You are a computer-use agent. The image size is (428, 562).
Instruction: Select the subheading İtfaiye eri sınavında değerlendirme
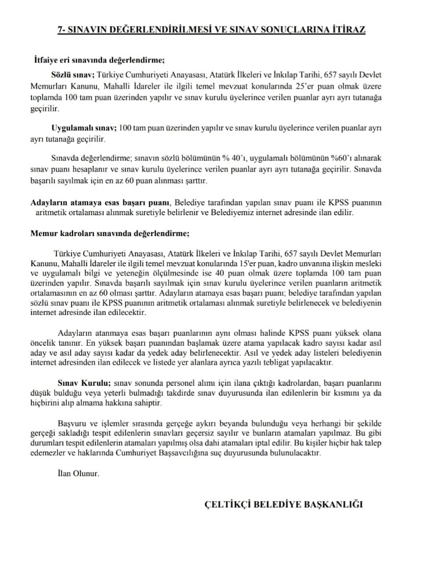[x=99, y=60]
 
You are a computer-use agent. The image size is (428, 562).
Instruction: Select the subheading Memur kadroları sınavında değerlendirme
[x=110, y=234]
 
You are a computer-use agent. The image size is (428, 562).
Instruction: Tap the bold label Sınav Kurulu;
[x=84, y=383]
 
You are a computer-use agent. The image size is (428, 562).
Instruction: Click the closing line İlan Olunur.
[x=75, y=473]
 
